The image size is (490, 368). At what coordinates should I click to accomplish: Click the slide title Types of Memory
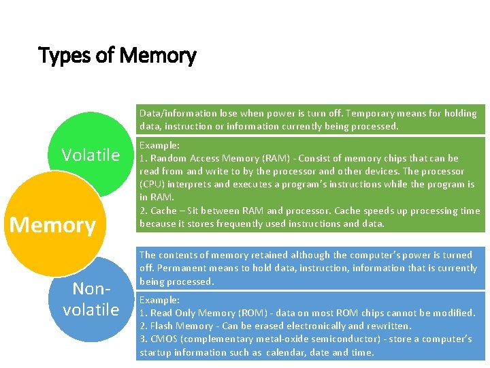coord(117,55)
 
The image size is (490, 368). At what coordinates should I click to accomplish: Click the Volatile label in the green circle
coord(91,155)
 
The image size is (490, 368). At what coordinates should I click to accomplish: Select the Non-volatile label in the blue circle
coord(91,301)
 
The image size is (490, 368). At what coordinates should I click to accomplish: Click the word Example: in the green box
coord(159,146)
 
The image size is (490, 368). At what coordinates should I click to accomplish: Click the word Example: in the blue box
coord(159,300)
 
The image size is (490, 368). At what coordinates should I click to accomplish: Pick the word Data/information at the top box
coord(174,113)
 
